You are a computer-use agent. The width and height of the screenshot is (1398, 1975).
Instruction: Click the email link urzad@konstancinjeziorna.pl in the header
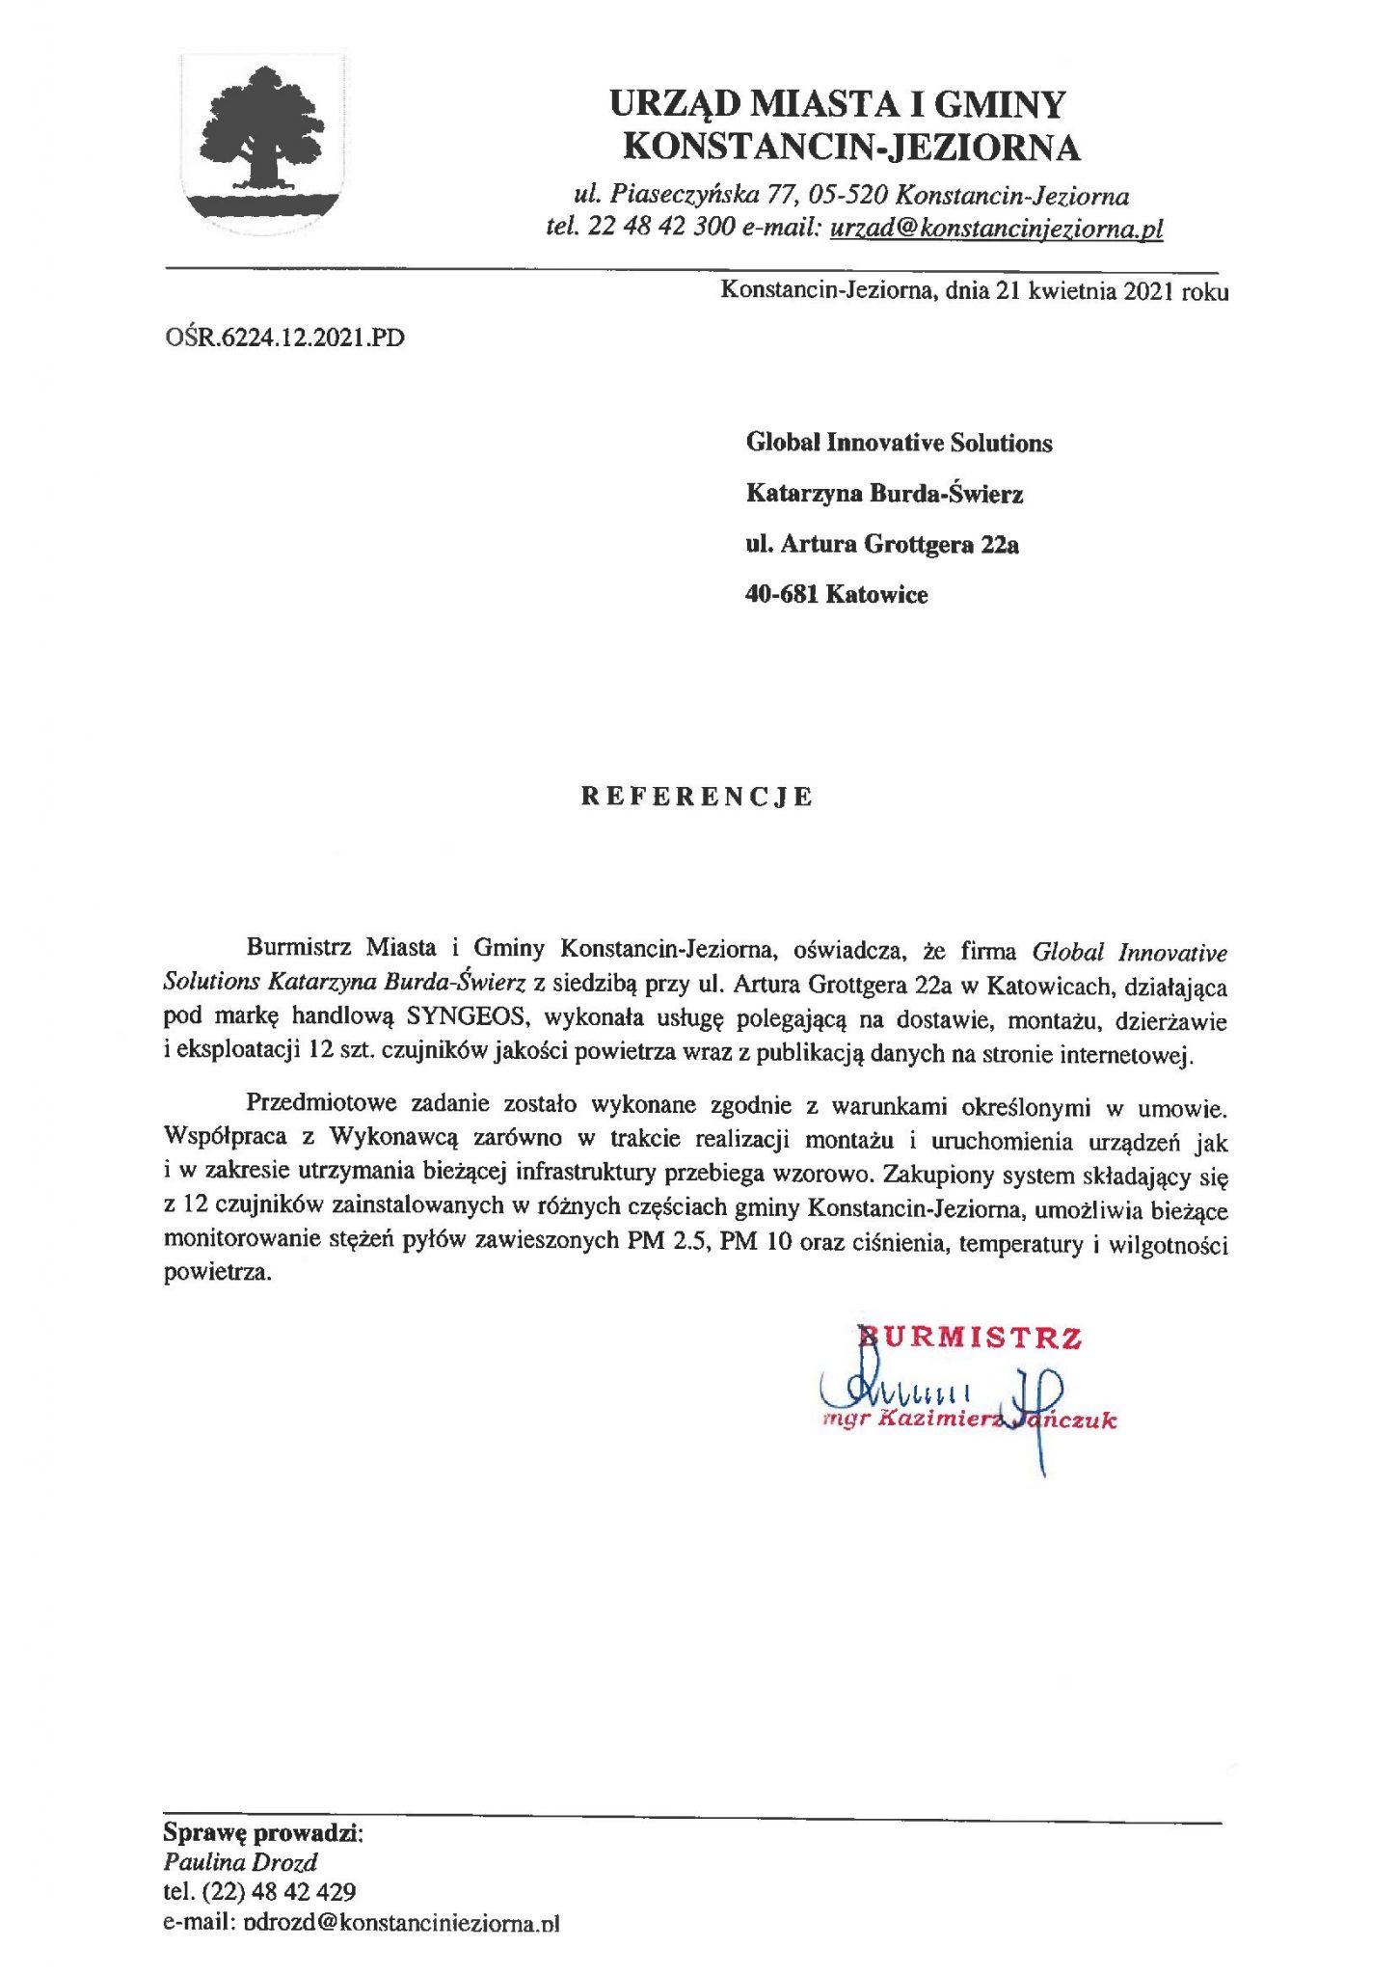(996, 229)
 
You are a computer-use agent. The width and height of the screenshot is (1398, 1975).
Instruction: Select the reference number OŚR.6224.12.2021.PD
(284, 338)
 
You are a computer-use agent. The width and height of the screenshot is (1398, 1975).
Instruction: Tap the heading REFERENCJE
(697, 797)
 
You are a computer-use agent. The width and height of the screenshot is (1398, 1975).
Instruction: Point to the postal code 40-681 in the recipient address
(782, 594)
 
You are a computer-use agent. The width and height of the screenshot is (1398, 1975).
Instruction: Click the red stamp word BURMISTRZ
(970, 1338)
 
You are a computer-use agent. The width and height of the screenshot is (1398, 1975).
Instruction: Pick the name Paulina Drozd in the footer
(240, 1862)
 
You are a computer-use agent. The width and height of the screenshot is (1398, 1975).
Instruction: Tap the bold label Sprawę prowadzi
(261, 1832)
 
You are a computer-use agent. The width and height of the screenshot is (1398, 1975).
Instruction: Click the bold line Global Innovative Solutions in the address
(899, 444)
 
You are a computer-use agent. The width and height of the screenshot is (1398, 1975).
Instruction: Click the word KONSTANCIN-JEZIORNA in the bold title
(852, 148)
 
